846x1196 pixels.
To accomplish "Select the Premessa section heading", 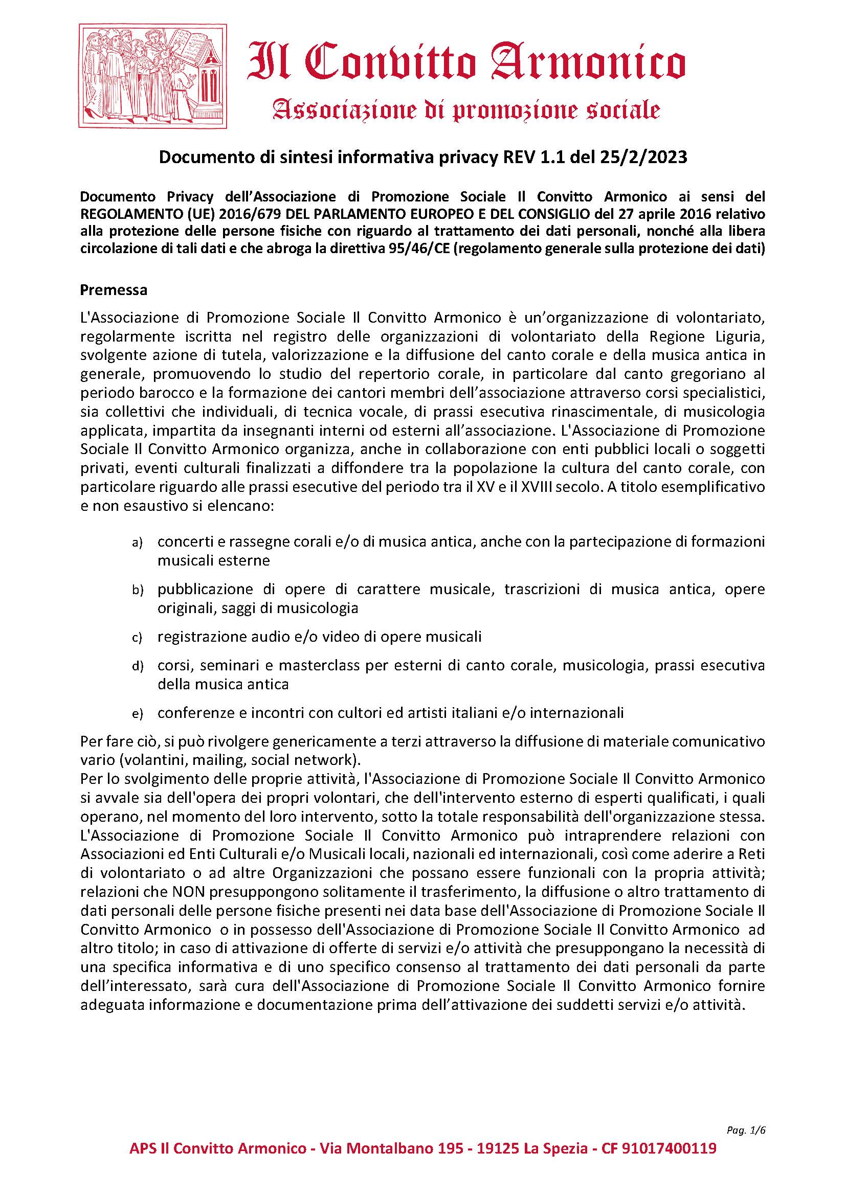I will click(x=114, y=290).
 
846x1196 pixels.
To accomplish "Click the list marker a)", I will click(x=137, y=544).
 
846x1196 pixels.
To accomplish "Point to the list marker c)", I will click(x=137, y=638).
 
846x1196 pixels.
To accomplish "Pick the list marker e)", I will click(x=137, y=714).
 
